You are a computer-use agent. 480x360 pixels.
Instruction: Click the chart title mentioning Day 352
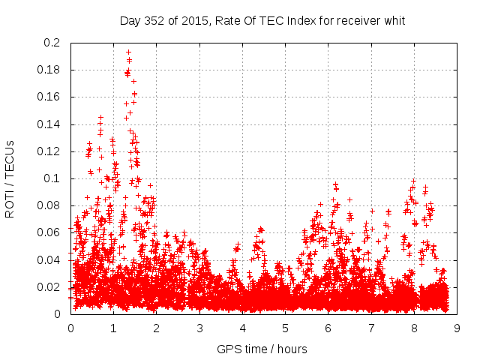pyautogui.click(x=262, y=21)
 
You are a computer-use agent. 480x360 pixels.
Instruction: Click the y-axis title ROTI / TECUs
pyautogui.click(x=10, y=178)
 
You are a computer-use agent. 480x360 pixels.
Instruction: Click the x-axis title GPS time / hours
pyautogui.click(x=262, y=349)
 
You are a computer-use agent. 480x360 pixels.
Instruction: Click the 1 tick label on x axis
pyautogui.click(x=113, y=328)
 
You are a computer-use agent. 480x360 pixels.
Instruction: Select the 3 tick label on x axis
pyautogui.click(x=199, y=328)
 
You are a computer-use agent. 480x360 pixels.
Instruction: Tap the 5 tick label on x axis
pyautogui.click(x=285, y=328)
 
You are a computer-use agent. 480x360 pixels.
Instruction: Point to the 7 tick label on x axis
pyautogui.click(x=371, y=328)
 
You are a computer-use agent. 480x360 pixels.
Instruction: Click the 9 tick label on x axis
pyautogui.click(x=457, y=328)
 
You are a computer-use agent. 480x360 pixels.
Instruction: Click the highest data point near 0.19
pyautogui.click(x=128, y=52)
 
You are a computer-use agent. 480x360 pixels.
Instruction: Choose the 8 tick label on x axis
pyautogui.click(x=414, y=328)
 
